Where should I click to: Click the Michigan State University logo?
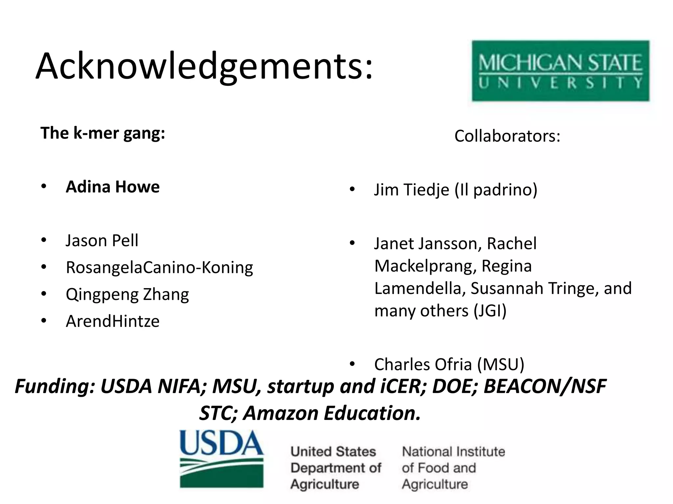(561, 71)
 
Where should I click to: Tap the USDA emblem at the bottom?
(222, 459)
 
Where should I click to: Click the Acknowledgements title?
(204, 66)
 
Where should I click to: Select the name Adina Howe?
(113, 187)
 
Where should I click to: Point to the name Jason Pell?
(102, 241)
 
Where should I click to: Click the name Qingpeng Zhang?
(127, 294)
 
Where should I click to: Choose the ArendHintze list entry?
(113, 321)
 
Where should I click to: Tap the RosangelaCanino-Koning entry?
(159, 267)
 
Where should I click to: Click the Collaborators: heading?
(507, 136)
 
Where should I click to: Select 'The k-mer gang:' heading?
(103, 133)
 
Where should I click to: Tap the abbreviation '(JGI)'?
(490, 311)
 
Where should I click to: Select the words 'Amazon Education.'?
(332, 413)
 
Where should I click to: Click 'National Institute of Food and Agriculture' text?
(453, 468)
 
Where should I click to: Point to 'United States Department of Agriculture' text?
(336, 468)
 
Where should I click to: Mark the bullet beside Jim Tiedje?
(352, 190)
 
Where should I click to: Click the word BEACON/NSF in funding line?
(545, 386)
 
